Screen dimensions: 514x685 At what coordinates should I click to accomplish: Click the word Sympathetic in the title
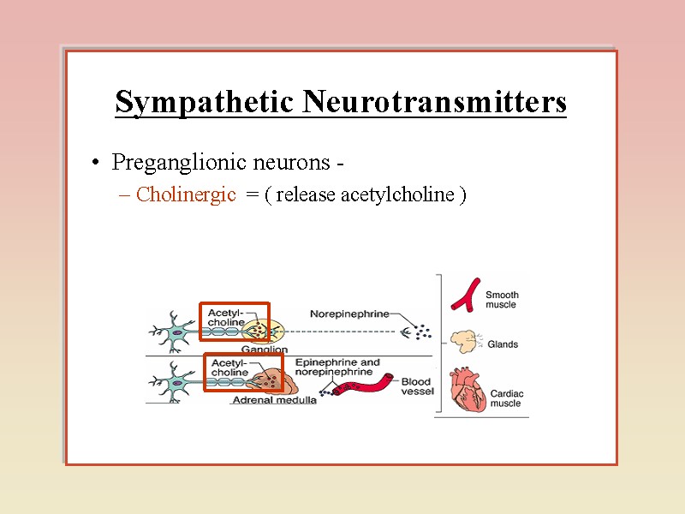click(x=205, y=103)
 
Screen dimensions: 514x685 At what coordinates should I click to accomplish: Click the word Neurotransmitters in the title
click(x=434, y=103)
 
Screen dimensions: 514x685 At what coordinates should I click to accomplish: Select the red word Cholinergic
click(x=186, y=194)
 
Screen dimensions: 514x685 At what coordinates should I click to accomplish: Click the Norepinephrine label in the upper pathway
click(x=348, y=313)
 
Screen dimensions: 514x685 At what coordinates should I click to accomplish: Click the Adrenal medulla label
click(x=274, y=399)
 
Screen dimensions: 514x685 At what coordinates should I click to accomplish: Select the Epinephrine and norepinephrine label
click(x=337, y=368)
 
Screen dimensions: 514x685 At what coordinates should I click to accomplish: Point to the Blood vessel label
click(x=417, y=387)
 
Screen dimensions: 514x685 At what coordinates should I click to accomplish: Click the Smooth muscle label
click(x=503, y=300)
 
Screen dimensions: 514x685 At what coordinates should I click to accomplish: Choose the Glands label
click(x=503, y=344)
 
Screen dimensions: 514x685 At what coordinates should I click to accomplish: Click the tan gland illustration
click(x=463, y=342)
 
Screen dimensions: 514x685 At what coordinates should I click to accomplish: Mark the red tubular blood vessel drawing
click(x=364, y=387)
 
